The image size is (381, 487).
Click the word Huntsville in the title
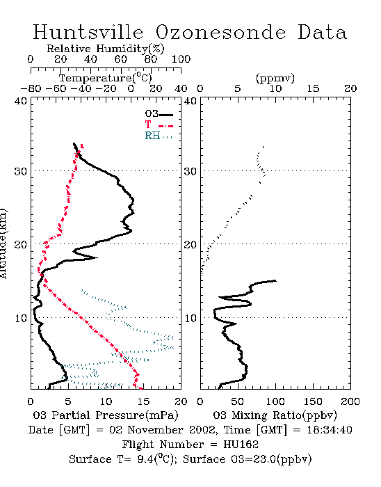[x=88, y=32]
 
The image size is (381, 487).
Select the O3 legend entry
[x=159, y=114]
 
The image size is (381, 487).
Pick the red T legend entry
[x=159, y=125]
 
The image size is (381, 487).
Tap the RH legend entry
[x=159, y=136]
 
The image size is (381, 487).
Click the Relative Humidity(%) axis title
[x=106, y=49]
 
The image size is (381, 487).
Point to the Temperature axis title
[x=105, y=78]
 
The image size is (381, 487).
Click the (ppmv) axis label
[x=275, y=78]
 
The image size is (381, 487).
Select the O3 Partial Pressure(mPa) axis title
[x=106, y=415]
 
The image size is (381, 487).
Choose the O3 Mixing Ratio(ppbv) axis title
[x=275, y=415]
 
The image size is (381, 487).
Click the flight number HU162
[x=241, y=445]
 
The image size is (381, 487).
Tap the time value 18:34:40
[x=330, y=430]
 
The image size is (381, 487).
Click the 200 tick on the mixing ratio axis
[x=350, y=401]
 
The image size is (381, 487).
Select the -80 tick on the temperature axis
[x=31, y=89]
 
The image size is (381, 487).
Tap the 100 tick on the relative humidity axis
[x=181, y=59]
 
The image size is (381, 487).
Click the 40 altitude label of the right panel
[x=190, y=101]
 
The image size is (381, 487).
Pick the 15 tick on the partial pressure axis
[x=143, y=401]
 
